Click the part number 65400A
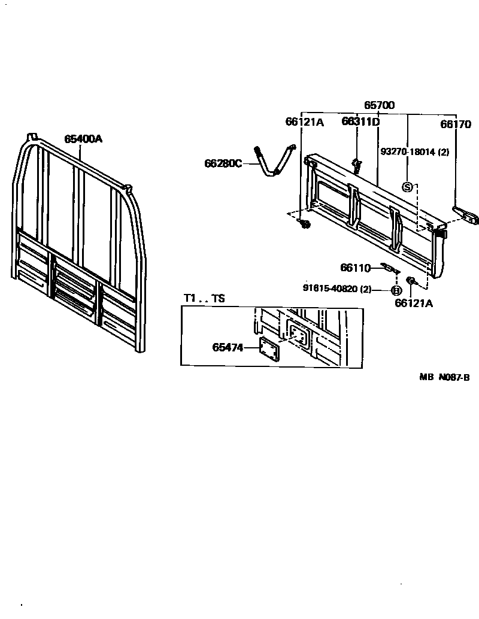(83, 139)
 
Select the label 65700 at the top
(379, 105)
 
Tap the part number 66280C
(223, 163)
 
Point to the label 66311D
(360, 122)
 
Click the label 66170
(456, 125)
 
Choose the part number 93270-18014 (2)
(414, 152)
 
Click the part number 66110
(356, 268)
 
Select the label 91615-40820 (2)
(337, 289)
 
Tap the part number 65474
(228, 347)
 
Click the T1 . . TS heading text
(204, 299)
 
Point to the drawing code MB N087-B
(444, 377)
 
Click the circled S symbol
(408, 187)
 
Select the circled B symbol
(396, 290)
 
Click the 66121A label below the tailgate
(414, 303)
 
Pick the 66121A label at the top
(304, 122)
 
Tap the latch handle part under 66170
(466, 214)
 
